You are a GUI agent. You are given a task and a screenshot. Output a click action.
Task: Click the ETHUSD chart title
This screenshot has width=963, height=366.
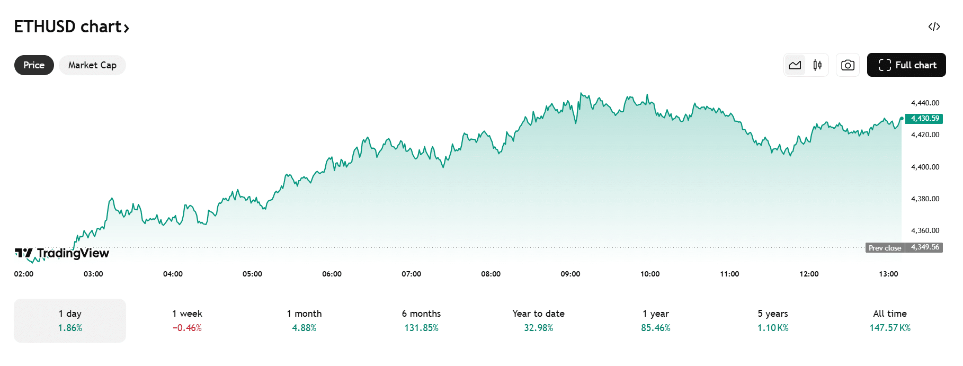pos(71,27)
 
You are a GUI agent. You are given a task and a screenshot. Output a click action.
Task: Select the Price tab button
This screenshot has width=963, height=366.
pos(34,65)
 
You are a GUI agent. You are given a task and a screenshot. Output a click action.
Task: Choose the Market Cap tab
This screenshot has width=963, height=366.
pos(92,65)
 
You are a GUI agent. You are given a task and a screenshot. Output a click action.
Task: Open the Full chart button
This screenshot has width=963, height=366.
pos(906,65)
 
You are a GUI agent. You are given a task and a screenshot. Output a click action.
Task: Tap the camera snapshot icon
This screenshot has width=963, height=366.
pos(848,65)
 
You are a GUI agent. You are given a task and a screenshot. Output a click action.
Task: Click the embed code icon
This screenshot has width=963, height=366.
pos(934,27)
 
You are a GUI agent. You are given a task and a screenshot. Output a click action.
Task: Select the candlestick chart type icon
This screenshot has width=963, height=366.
pos(817,65)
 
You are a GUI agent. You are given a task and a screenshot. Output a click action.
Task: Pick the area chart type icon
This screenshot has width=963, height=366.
pos(795,65)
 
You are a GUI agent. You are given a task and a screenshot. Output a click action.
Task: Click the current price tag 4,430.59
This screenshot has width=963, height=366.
pos(924,119)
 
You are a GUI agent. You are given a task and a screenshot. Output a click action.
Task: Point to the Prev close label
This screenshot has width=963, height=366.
pos(885,248)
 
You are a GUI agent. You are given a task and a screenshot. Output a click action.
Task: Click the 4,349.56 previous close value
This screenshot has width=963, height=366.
pos(925,247)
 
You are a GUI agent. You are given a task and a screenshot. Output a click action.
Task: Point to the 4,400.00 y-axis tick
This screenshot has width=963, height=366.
pos(925,167)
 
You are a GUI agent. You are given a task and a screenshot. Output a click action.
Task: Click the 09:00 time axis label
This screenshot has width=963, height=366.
pos(570,274)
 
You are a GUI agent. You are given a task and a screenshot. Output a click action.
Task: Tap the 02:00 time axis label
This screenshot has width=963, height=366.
pos(24,274)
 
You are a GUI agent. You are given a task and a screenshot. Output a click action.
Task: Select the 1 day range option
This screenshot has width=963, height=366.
pos(70,320)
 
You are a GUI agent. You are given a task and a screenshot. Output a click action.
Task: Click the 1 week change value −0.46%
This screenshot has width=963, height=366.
pos(187,328)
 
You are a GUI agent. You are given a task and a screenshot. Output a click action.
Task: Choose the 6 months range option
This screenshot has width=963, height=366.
pos(421,320)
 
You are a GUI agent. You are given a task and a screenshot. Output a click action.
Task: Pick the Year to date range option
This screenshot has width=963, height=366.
pos(538,320)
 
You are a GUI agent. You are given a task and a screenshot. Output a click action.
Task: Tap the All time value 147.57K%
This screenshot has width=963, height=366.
pos(890,328)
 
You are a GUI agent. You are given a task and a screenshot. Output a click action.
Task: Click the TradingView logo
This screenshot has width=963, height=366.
pos(62,253)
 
